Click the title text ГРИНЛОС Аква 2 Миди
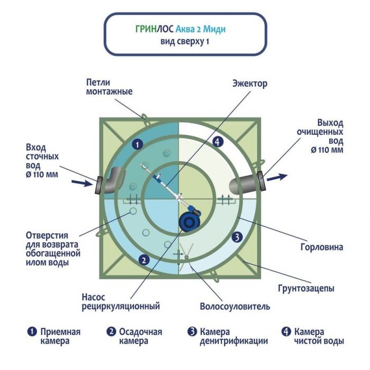[x=184, y=29]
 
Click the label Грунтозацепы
[x=306, y=289]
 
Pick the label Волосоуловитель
[x=235, y=306]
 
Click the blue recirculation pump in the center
[x=189, y=221]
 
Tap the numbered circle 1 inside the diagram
[x=137, y=144]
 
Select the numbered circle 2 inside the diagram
[x=142, y=259]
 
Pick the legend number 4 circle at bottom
[x=286, y=332]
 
